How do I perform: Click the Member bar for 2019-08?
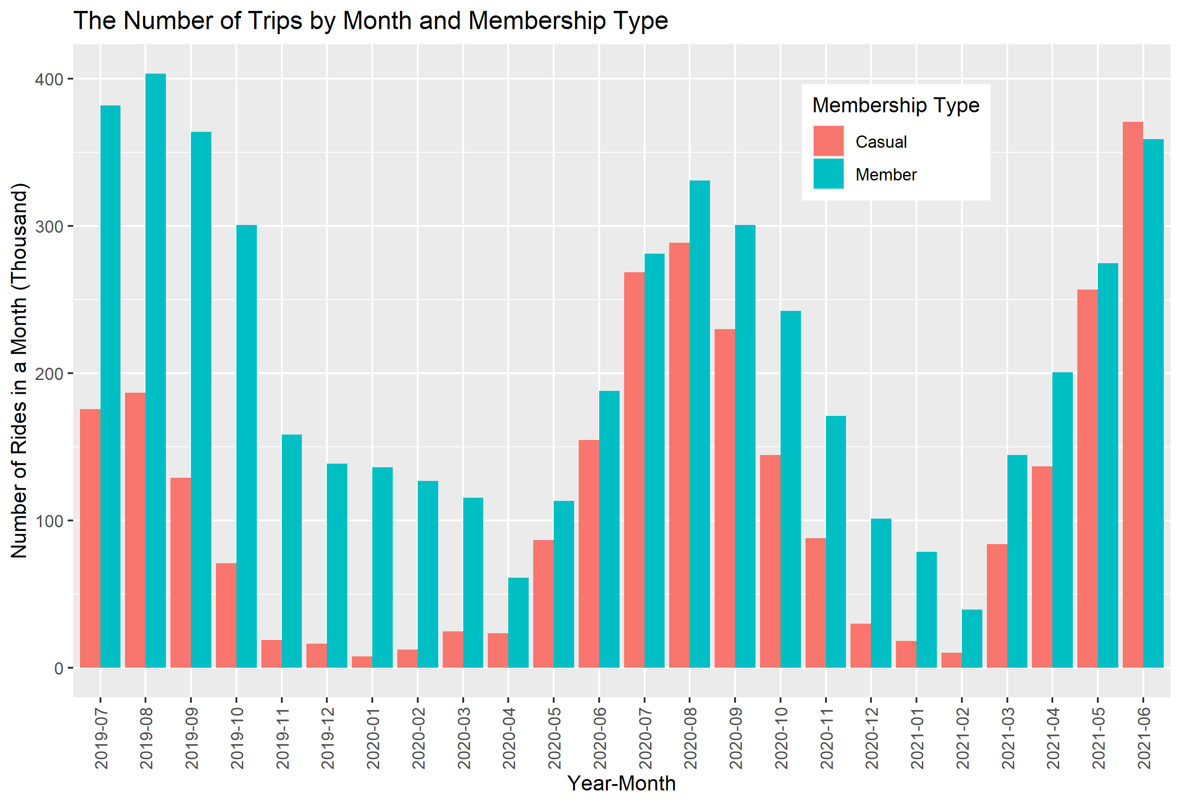[155, 371]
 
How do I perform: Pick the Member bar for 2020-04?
[518, 623]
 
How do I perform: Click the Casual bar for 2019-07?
[90, 539]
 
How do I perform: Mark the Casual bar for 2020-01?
[362, 662]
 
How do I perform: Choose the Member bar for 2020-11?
[836, 542]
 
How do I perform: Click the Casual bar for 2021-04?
[1042, 567]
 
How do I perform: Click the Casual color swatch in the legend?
[828, 141]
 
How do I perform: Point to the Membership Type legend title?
[896, 105]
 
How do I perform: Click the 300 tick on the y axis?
[49, 227]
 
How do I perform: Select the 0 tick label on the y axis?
[59, 669]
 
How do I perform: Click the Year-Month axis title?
[621, 784]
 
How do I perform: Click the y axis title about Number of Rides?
[19, 371]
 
